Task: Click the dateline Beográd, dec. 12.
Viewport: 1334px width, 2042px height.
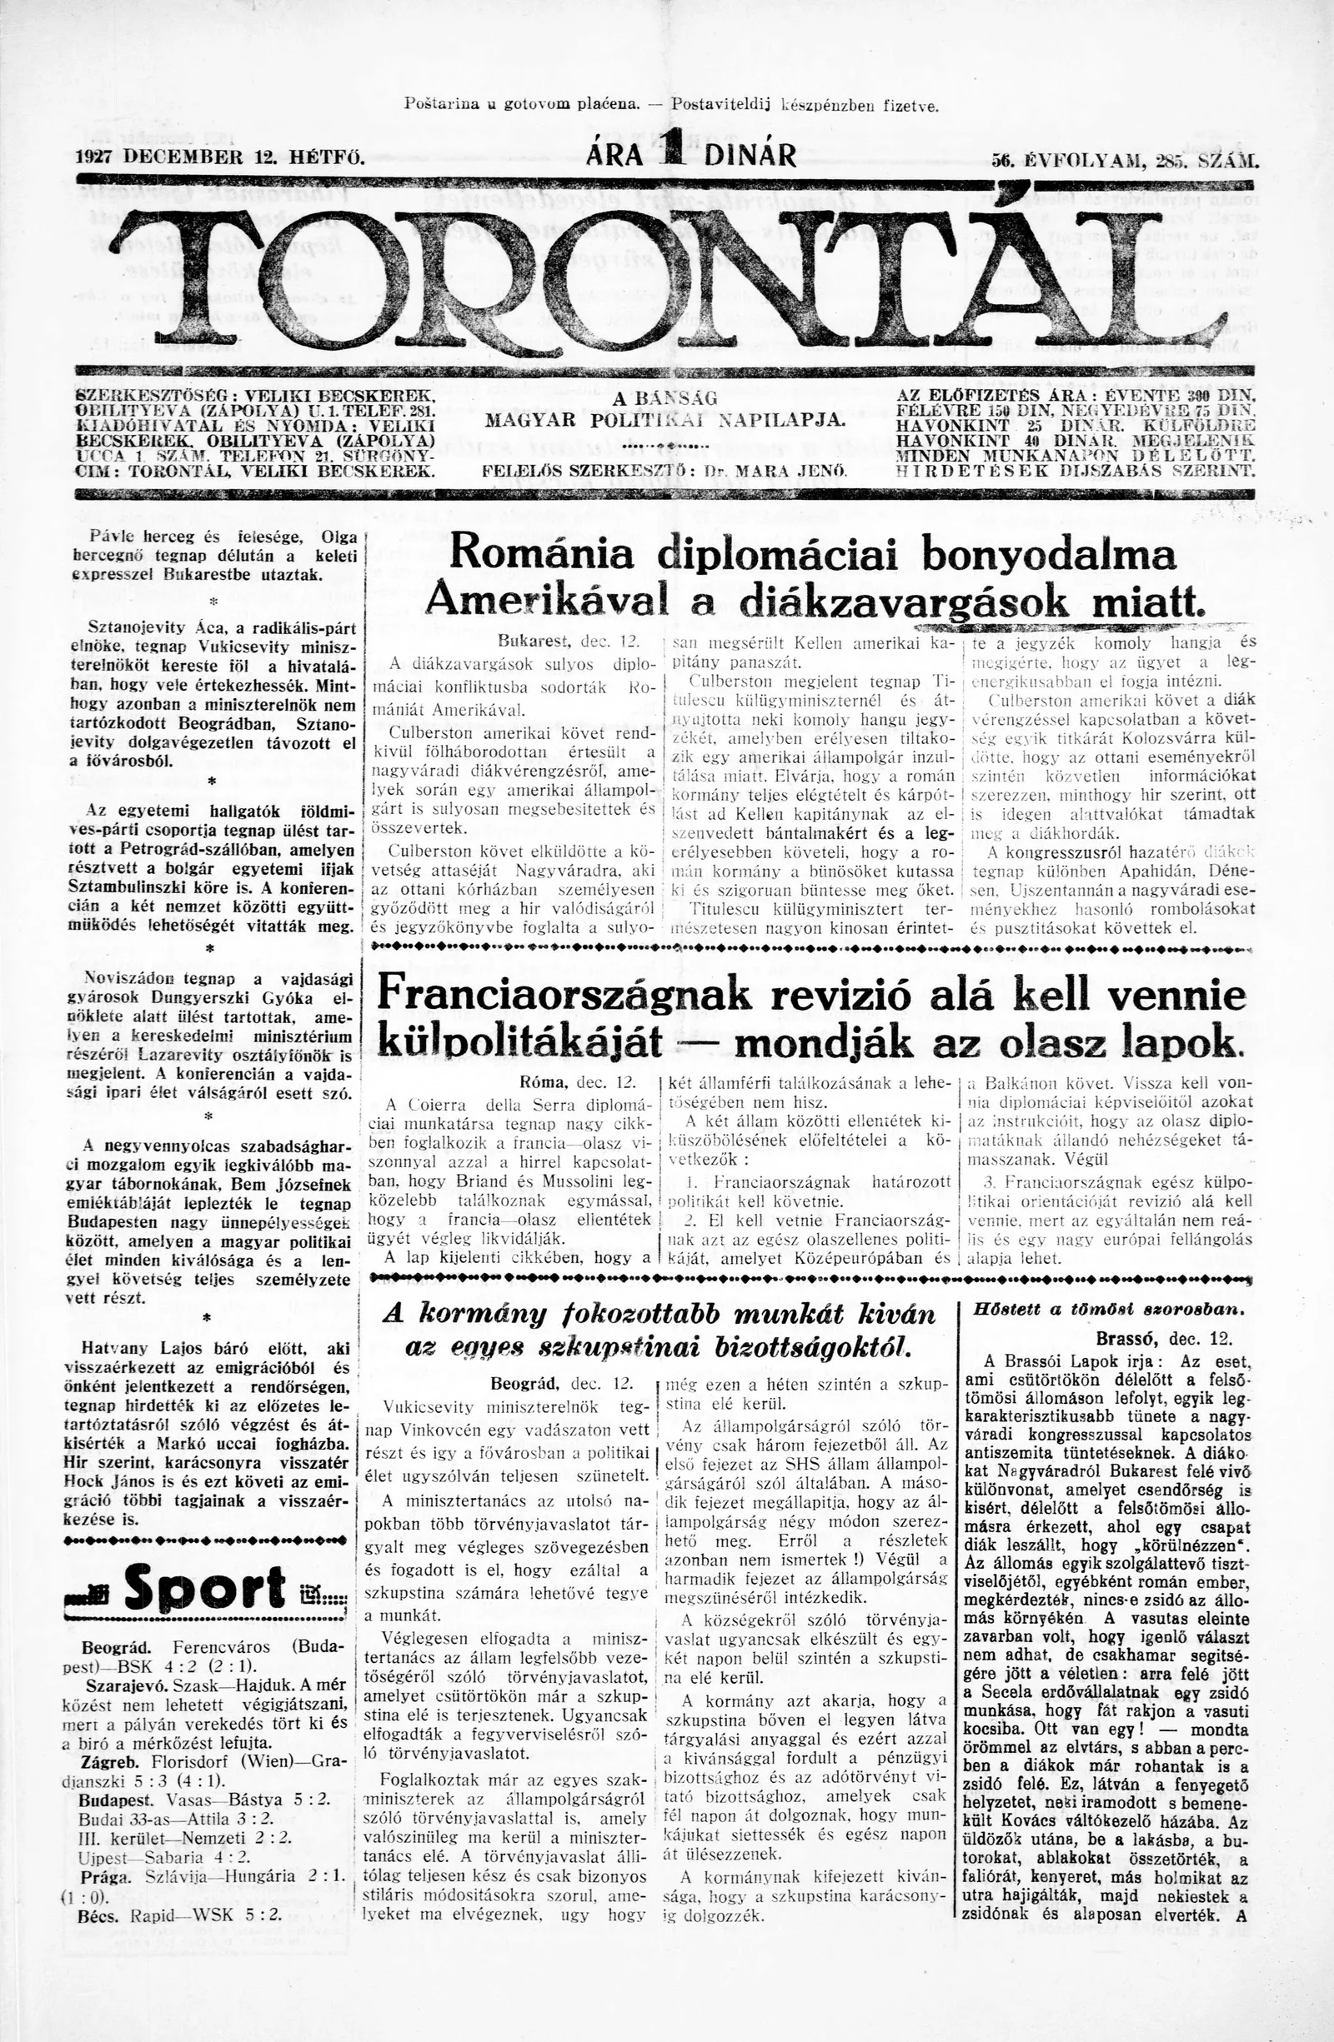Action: click(x=561, y=1383)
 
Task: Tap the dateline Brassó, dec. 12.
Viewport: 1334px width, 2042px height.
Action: click(x=1163, y=1339)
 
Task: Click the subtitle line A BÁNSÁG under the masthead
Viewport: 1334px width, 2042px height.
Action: click(x=665, y=399)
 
